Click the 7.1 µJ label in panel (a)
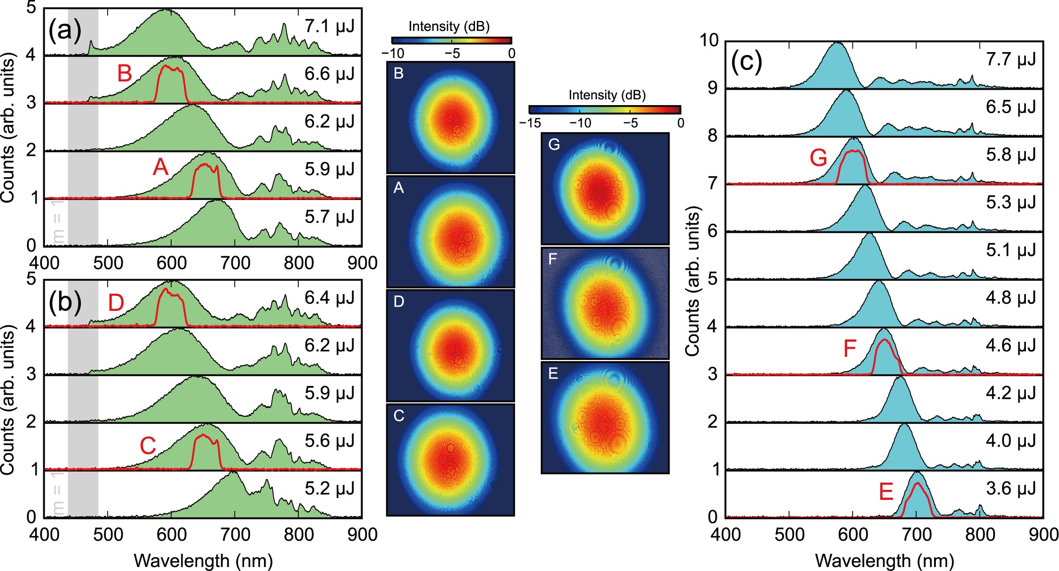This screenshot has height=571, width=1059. click(329, 26)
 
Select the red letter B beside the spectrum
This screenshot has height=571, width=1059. click(124, 73)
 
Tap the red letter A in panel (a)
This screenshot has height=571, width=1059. click(161, 167)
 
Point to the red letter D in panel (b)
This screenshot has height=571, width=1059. click(116, 303)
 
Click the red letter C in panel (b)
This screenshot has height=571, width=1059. click(148, 446)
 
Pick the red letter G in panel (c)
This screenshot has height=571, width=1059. click(818, 158)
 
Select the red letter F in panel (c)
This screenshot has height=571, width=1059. click(850, 348)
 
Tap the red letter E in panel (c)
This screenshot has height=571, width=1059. click(886, 492)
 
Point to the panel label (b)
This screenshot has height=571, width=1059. click(65, 303)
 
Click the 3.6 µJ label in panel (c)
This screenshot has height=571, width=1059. click(1011, 488)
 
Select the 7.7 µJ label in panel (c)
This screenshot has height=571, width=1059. click(1011, 59)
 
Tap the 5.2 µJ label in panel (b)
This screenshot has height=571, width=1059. click(329, 488)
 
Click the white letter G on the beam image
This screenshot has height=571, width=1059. click(554, 144)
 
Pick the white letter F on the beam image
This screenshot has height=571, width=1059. click(552, 259)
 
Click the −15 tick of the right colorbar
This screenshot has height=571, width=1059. click(531, 123)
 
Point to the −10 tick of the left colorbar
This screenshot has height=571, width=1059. click(393, 53)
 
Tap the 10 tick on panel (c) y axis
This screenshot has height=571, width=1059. click(709, 40)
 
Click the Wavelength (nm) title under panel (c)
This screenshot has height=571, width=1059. click(884, 561)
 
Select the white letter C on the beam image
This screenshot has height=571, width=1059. click(399, 416)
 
